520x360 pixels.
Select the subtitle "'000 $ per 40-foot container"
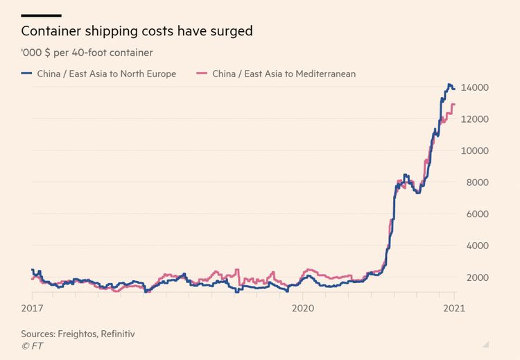click(x=87, y=53)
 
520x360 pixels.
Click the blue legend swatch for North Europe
click(x=27, y=74)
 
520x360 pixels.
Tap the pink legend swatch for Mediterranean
click(x=203, y=74)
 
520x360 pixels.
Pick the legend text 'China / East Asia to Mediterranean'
click(x=284, y=74)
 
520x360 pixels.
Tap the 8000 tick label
click(x=479, y=182)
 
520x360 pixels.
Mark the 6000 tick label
click(x=479, y=214)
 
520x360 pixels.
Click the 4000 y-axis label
click(x=479, y=246)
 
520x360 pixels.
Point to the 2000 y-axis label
click(x=479, y=277)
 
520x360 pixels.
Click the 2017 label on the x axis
click(x=32, y=306)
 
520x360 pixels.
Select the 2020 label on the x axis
click(x=303, y=306)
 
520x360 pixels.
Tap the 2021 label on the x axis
click(x=454, y=306)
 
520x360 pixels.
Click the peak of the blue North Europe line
click(x=449, y=85)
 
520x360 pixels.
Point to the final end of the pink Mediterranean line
click(x=455, y=105)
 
